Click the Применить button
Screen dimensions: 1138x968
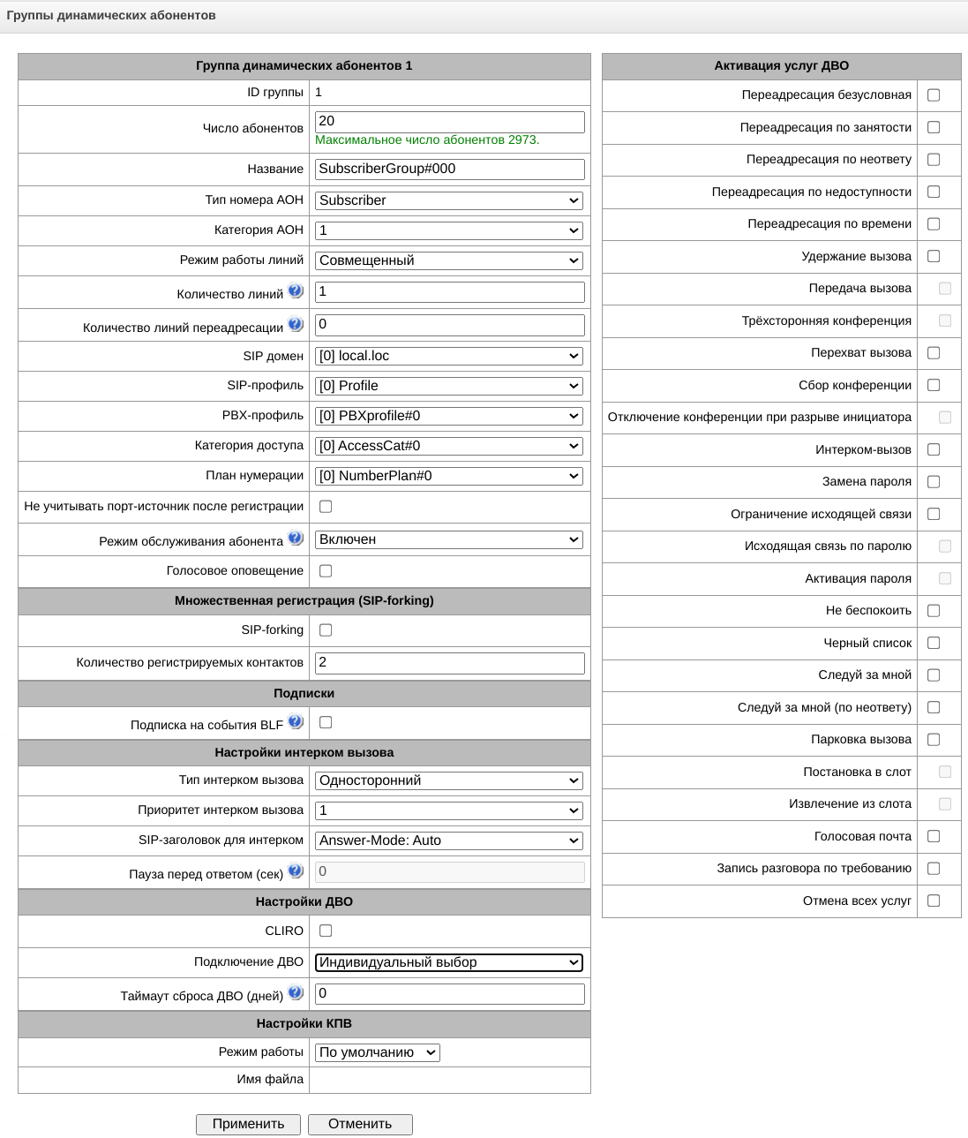248,1124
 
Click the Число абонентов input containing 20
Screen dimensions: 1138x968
449,122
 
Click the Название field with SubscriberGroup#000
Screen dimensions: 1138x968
449,169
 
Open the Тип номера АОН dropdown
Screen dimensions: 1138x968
449,200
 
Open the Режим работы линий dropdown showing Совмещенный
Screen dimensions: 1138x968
449,260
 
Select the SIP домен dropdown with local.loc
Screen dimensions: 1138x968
449,356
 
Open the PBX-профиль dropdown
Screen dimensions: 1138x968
449,416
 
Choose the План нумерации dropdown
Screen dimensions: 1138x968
449,476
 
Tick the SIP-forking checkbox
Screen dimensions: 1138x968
326,630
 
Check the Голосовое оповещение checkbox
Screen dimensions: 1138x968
326,571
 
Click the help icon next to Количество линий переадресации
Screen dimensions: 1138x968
296,324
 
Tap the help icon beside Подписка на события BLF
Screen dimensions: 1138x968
296,721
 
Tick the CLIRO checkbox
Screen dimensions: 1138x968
326,931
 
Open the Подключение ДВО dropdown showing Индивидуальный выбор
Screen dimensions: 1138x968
449,962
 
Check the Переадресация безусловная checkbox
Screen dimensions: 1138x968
934,95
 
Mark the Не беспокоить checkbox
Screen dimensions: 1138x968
934,611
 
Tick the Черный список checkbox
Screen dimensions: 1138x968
934,643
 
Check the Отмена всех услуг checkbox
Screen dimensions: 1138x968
934,901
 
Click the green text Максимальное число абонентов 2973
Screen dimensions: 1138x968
427,140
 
